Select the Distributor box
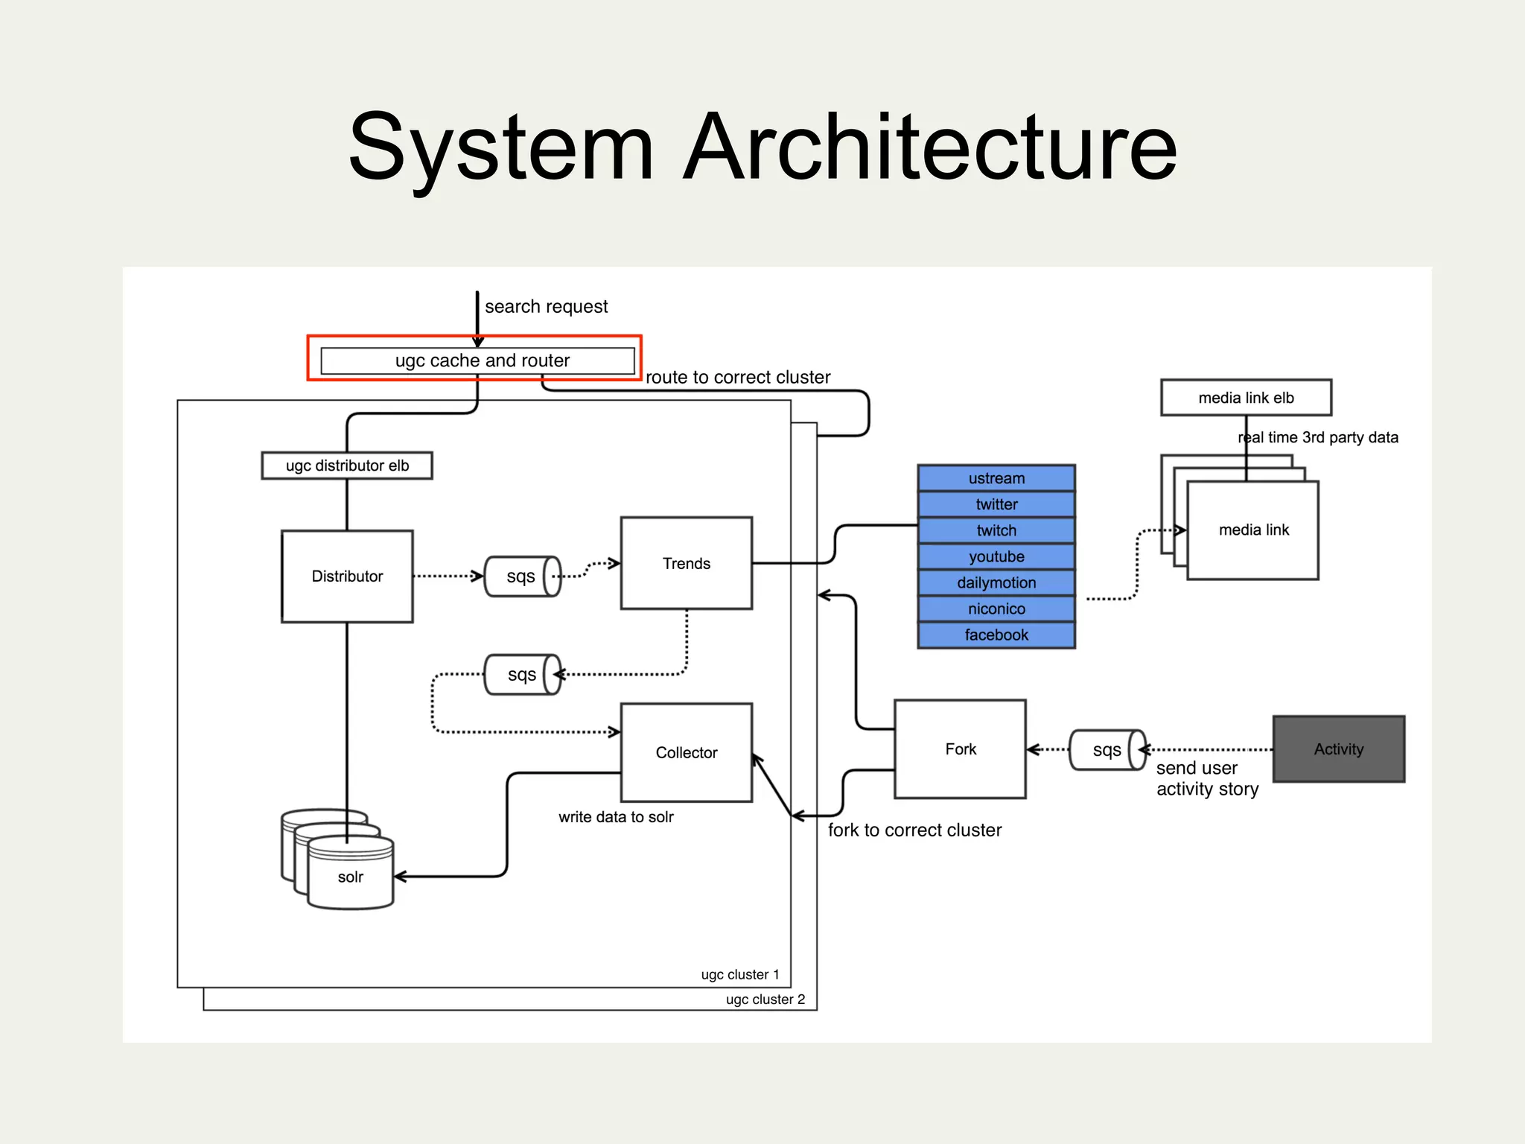click(347, 576)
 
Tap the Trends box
click(686, 563)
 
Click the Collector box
click(686, 752)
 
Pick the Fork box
click(960, 749)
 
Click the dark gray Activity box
click(1338, 749)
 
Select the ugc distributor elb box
click(347, 465)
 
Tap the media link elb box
click(1246, 398)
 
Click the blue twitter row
click(996, 504)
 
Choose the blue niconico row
click(996, 608)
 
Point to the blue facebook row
click(996, 635)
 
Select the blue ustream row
click(996, 478)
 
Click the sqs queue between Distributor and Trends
click(521, 576)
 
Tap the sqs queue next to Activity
click(1107, 750)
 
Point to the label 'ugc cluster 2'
click(765, 1000)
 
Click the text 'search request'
click(546, 307)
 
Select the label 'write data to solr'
click(616, 817)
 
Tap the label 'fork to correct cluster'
click(914, 830)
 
